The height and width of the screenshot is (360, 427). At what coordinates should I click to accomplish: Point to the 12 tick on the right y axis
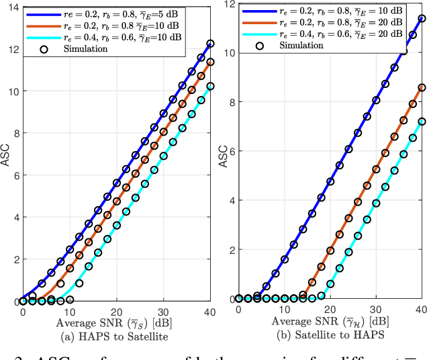[228, 4]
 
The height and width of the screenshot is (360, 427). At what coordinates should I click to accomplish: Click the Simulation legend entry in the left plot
[81, 48]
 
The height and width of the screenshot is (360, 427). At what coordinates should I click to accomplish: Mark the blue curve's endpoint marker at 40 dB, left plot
[210, 43]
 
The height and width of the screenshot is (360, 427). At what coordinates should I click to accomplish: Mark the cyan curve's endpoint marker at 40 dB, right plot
[422, 122]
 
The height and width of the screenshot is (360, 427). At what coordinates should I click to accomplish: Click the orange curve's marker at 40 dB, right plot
[422, 87]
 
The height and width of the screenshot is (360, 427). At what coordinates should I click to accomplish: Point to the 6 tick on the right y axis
[230, 151]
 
